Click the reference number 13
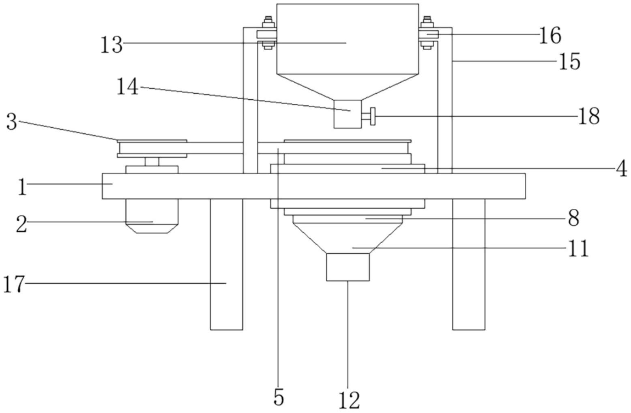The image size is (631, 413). click(112, 45)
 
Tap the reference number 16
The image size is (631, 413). click(550, 36)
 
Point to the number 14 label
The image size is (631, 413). click(128, 86)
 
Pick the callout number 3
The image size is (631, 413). click(12, 122)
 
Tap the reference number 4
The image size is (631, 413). click(621, 168)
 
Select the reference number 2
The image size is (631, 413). click(21, 224)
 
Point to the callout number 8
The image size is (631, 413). click(573, 218)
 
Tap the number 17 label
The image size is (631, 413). click(14, 285)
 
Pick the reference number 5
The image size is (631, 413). click(279, 397)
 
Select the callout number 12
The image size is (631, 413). click(349, 400)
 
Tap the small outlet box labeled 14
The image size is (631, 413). click(348, 114)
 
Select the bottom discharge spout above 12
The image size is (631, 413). click(348, 267)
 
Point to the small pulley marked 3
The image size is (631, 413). click(152, 148)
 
